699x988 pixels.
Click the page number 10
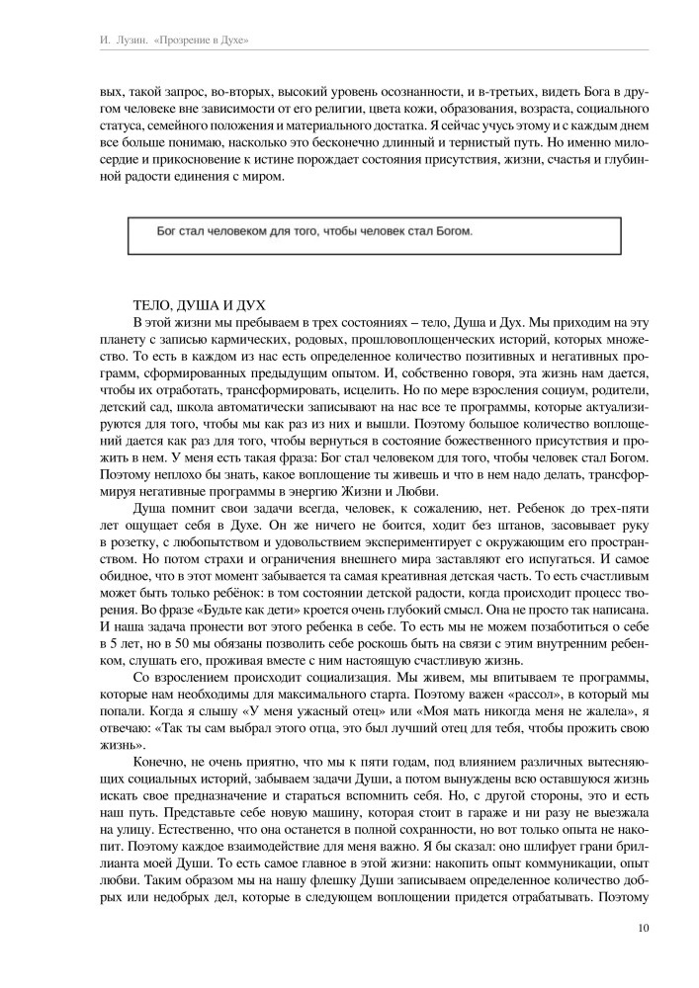click(643, 927)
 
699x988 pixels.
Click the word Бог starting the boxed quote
click(169, 232)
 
